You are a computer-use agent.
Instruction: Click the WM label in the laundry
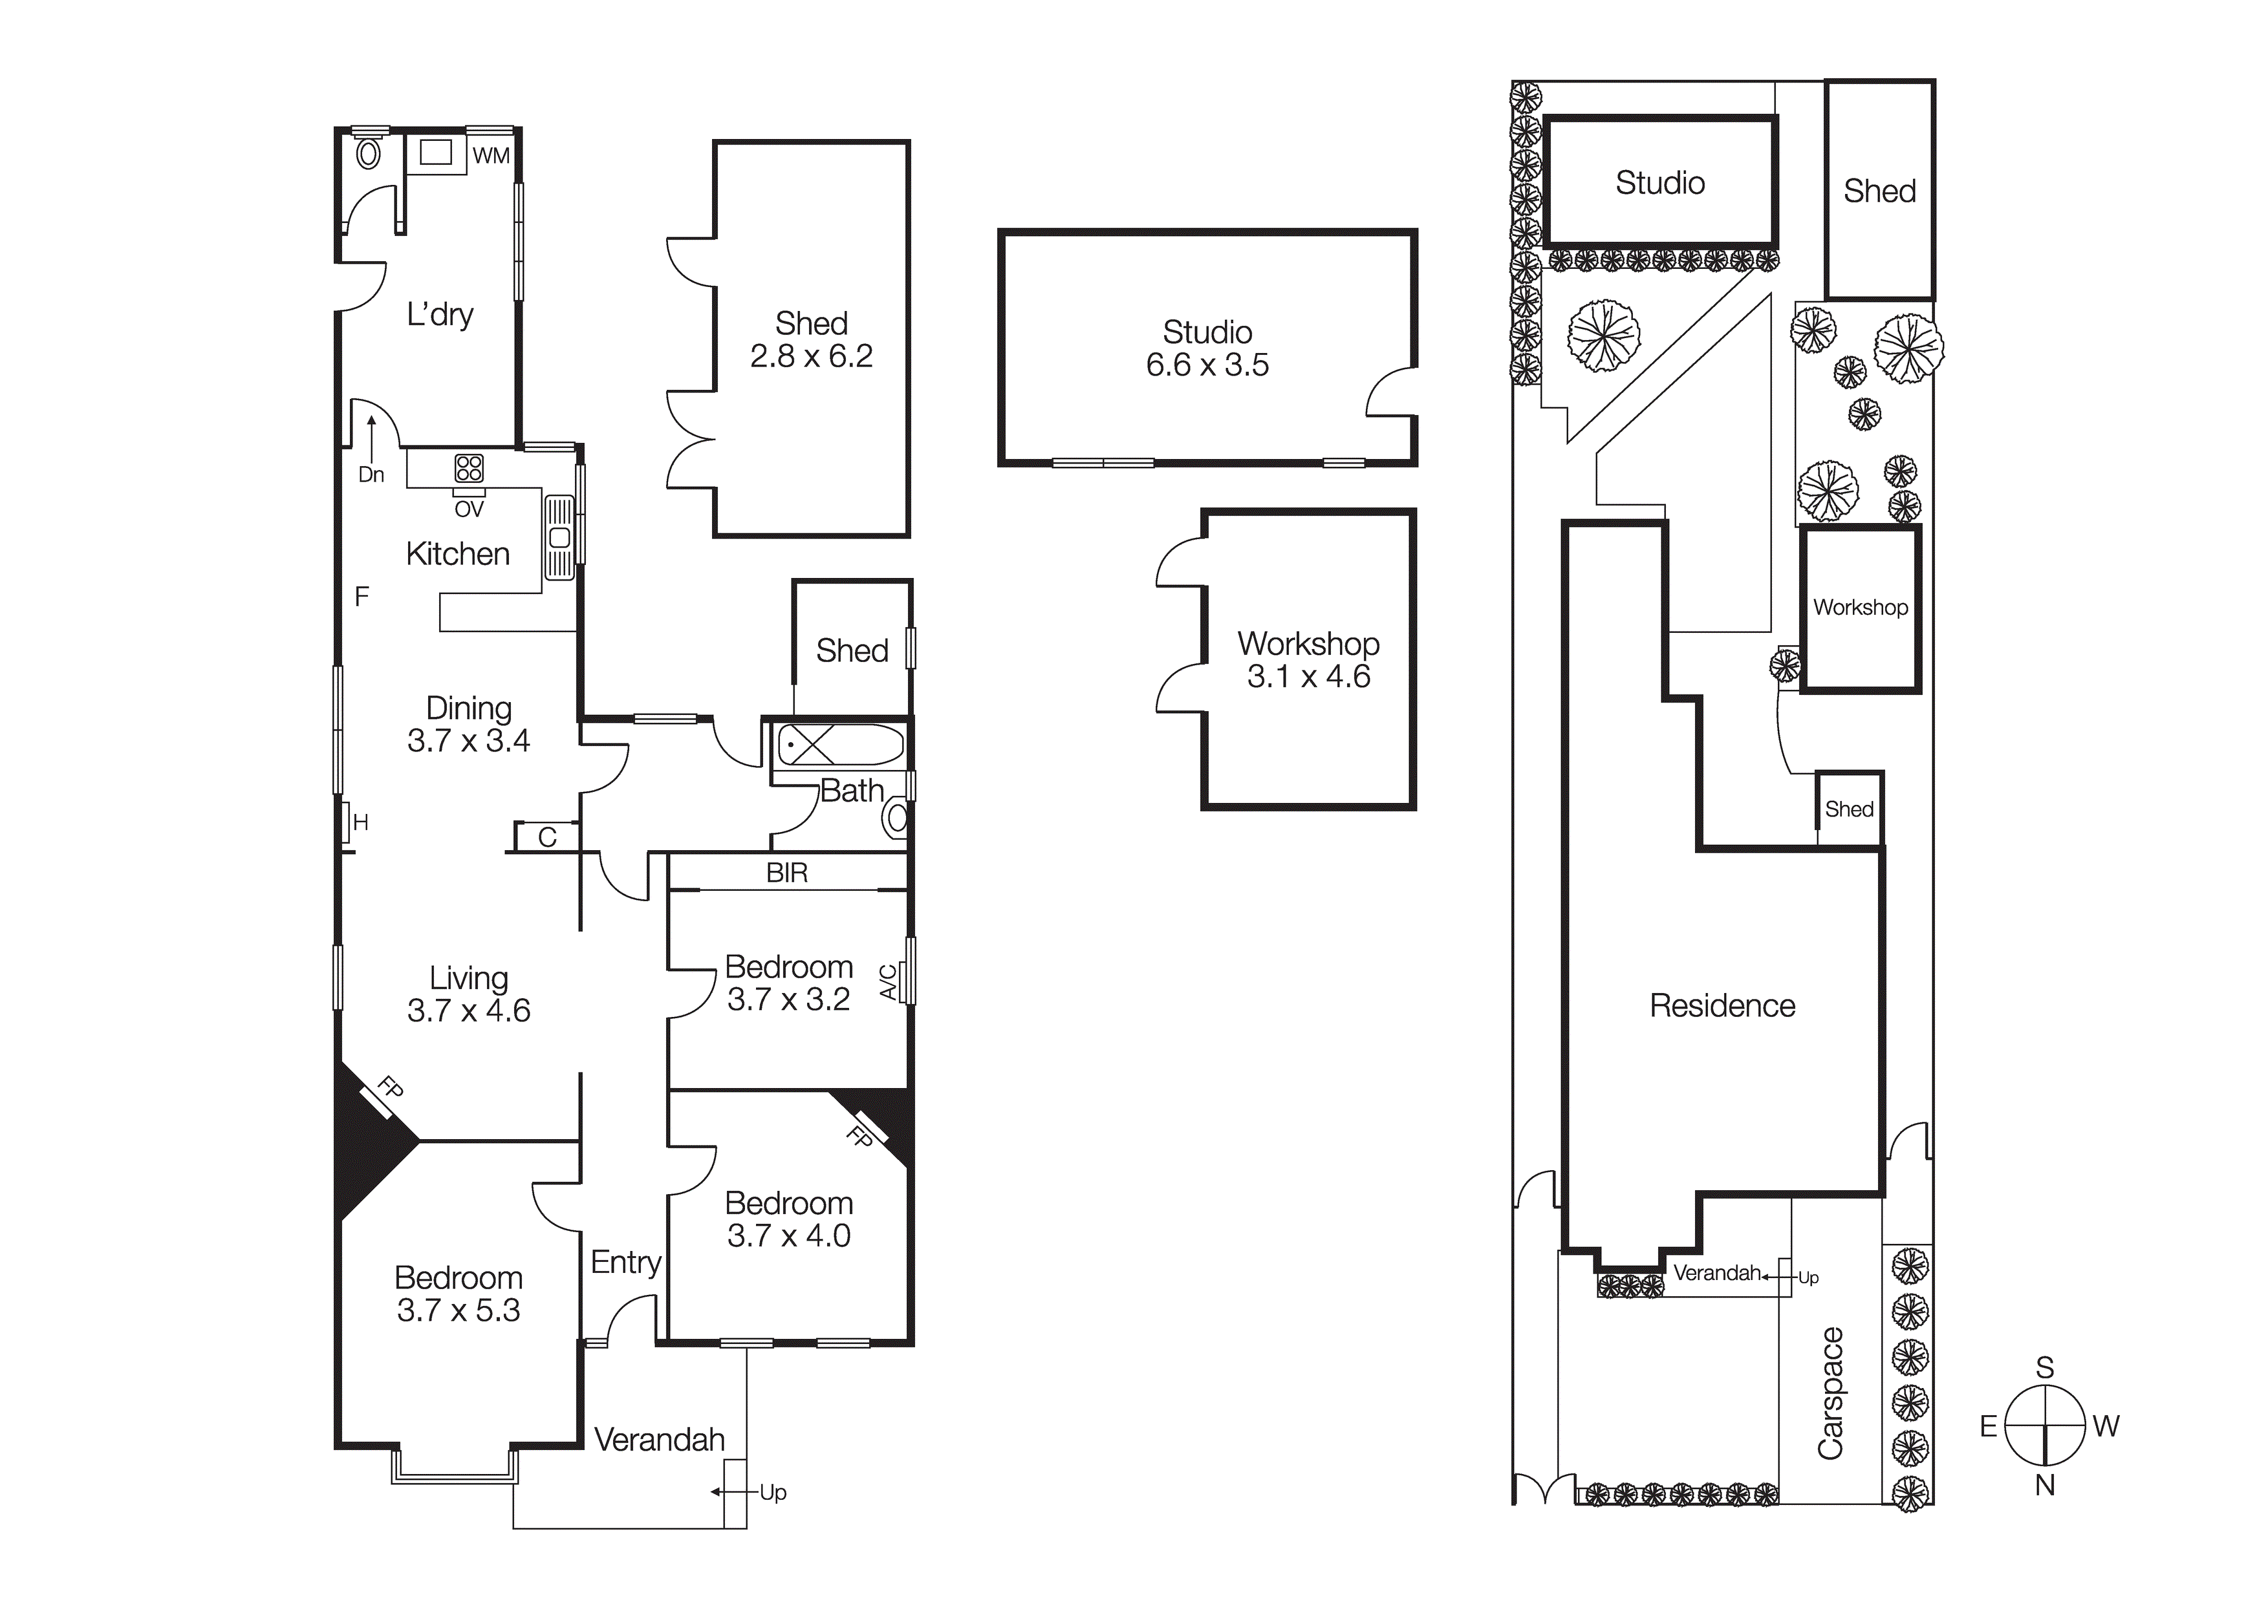[x=491, y=156]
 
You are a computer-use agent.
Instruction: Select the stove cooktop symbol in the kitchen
[x=470, y=468]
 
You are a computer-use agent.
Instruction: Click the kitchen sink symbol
[x=559, y=537]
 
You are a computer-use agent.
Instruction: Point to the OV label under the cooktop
[x=470, y=509]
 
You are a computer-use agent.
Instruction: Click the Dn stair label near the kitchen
[x=371, y=475]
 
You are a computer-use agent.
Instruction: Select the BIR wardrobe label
[x=787, y=873]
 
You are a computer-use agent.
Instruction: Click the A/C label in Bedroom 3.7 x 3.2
[x=888, y=983]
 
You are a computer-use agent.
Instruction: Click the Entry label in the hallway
[x=625, y=1262]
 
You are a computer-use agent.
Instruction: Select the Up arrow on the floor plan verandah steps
[x=718, y=1492]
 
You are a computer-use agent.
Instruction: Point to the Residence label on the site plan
[x=1723, y=1005]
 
